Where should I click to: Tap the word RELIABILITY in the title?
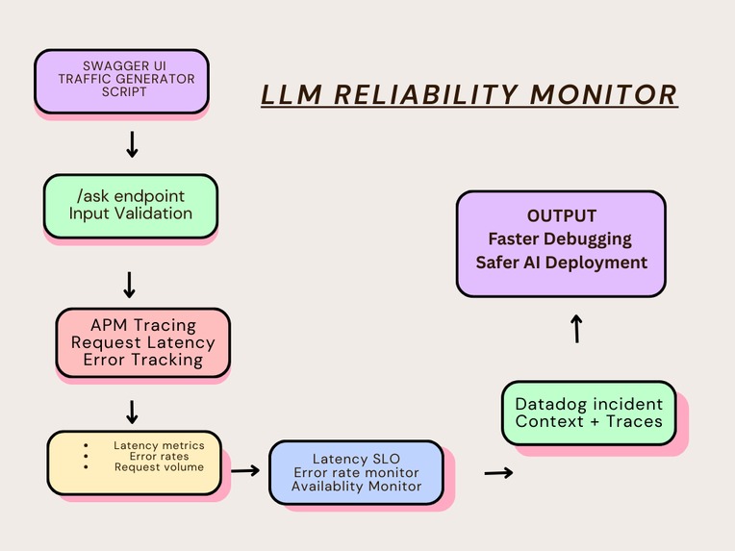pyautogui.click(x=424, y=94)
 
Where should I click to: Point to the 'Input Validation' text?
pyautogui.click(x=130, y=213)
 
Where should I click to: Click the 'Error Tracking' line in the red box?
pyautogui.click(x=142, y=361)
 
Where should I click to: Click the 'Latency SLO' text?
pyautogui.click(x=355, y=458)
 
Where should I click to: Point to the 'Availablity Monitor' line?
pyautogui.click(x=355, y=487)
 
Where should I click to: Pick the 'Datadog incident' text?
pyautogui.click(x=589, y=404)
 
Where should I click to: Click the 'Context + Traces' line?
pyautogui.click(x=589, y=421)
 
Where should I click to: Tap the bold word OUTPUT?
pyautogui.click(x=561, y=216)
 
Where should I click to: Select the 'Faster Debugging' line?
pyautogui.click(x=561, y=238)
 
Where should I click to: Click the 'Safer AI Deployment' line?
pyautogui.click(x=561, y=262)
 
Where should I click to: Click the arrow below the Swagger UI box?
pyautogui.click(x=132, y=144)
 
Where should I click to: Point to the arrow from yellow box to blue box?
pyautogui.click(x=246, y=470)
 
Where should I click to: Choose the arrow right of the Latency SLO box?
pyautogui.click(x=497, y=472)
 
